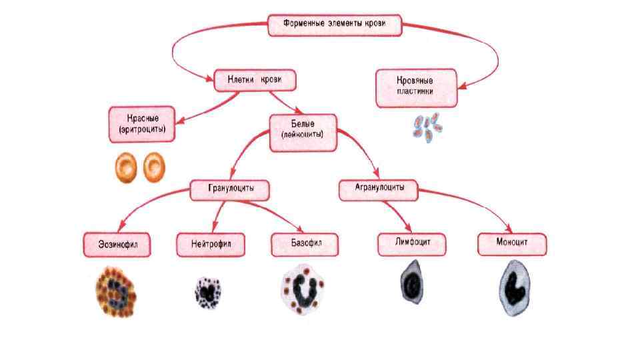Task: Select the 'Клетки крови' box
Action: [255, 80]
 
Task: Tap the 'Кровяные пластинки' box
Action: [417, 88]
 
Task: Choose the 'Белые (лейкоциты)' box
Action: [303, 129]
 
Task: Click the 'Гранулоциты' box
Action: [231, 190]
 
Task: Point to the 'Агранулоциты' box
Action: [377, 189]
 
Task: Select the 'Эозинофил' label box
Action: [116, 244]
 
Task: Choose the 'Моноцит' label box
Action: [511, 243]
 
